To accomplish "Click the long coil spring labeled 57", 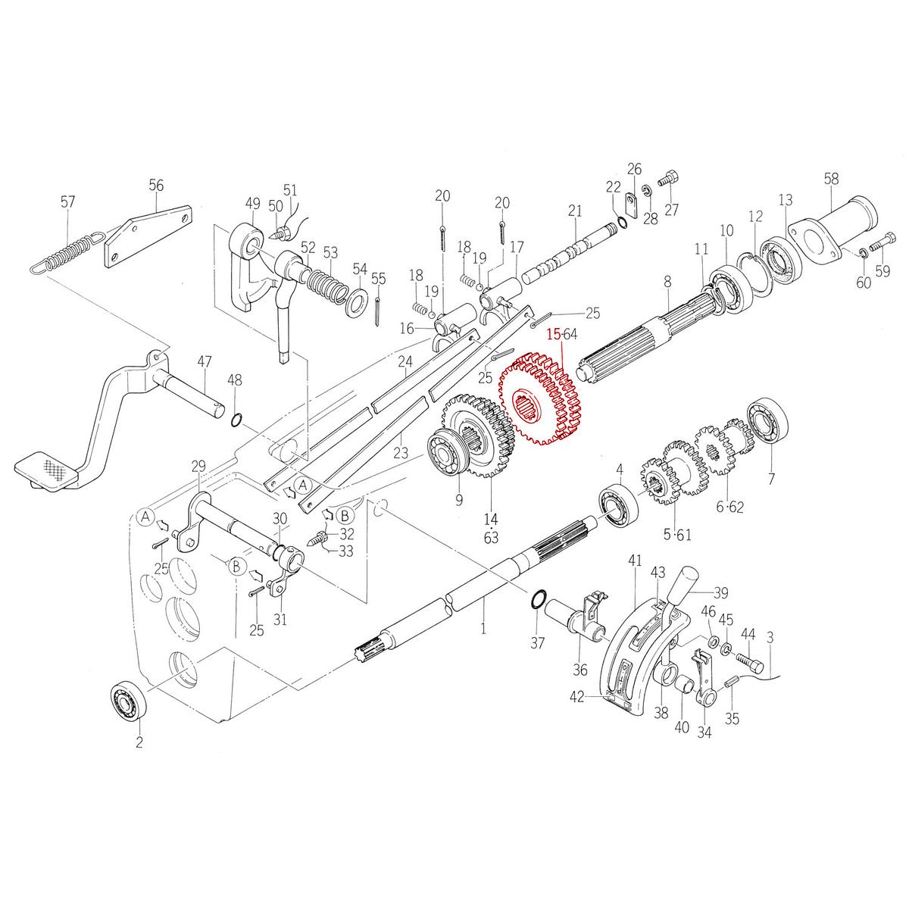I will coord(64,254).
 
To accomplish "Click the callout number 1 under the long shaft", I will coord(483,628).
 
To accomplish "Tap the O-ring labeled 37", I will coord(537,598).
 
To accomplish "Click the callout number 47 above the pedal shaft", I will coord(205,361).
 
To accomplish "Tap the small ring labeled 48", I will coord(236,420).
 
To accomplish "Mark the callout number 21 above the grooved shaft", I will coord(575,210).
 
